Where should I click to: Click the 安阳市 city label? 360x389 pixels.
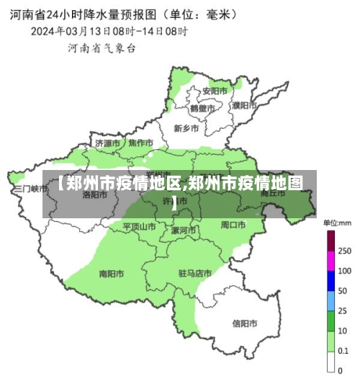[x=215, y=91]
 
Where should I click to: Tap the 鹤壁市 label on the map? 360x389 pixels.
[x=202, y=108]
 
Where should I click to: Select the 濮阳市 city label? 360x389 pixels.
[x=245, y=105]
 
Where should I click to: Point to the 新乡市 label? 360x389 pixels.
[x=187, y=128]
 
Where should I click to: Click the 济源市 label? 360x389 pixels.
[x=107, y=143]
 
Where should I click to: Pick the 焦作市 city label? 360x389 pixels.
[x=140, y=143]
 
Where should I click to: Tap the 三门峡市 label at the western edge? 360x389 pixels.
[x=30, y=188]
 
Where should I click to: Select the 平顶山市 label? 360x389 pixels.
[x=139, y=226]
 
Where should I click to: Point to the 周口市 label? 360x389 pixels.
[x=233, y=225]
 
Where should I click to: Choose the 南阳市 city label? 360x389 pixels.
[x=112, y=274]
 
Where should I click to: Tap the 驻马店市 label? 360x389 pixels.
[x=194, y=274]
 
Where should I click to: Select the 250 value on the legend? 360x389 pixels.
[x=344, y=251]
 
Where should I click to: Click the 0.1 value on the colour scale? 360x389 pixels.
[x=343, y=350]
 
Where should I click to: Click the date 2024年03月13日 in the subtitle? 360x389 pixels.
[x=73, y=31]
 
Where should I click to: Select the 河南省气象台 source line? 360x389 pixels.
[x=102, y=48]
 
